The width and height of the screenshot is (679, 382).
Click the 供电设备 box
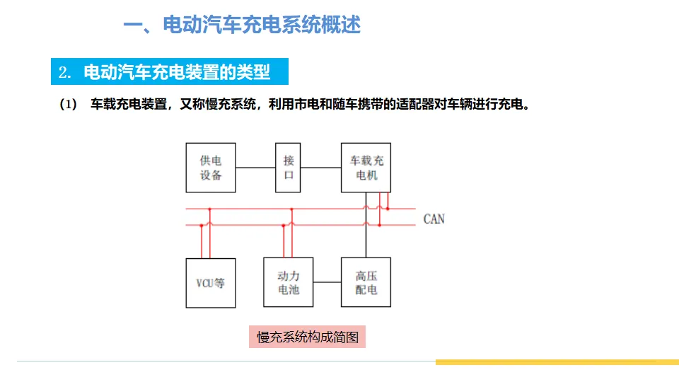click(x=211, y=168)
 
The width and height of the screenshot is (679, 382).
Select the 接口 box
click(x=289, y=168)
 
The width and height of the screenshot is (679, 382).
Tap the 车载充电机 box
click(x=366, y=168)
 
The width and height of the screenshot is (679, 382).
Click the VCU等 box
click(x=211, y=282)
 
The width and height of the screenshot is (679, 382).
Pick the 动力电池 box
click(x=288, y=282)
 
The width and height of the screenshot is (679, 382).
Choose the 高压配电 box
click(x=366, y=282)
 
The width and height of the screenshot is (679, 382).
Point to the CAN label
click(x=434, y=219)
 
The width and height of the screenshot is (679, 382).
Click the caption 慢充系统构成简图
click(x=308, y=337)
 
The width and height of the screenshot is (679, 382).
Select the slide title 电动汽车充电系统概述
click(x=242, y=26)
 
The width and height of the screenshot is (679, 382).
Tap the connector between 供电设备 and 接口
click(x=255, y=168)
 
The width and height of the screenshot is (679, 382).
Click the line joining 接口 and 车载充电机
click(x=320, y=168)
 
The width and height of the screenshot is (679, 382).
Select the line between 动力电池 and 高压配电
click(x=327, y=282)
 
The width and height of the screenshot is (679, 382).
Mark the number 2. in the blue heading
click(x=66, y=72)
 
